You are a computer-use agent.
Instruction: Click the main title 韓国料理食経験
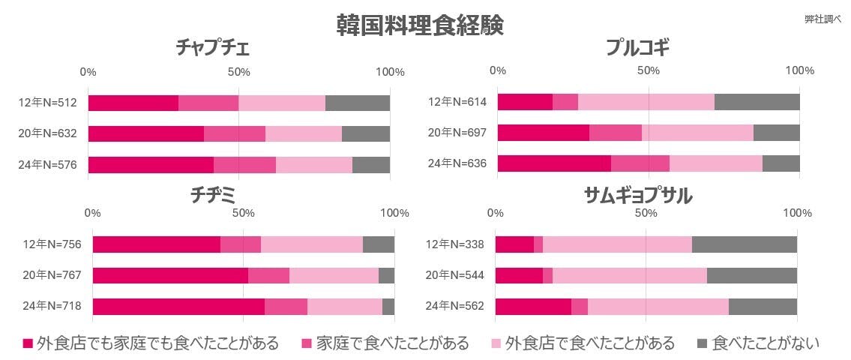point(420,24)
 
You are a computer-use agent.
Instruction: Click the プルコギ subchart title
point(638,49)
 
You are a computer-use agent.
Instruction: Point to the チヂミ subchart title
point(214,196)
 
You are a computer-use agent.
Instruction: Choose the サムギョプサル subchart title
point(638,196)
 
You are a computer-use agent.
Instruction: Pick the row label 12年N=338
point(455,244)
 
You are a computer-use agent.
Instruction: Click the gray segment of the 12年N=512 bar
point(358,103)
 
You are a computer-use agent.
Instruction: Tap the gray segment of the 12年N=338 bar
point(744,244)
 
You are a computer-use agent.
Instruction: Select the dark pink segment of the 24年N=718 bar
point(178,306)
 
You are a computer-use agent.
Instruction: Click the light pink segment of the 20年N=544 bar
point(629,275)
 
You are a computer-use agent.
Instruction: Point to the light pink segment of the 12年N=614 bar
point(646,102)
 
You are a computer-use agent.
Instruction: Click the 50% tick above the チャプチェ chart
point(238,72)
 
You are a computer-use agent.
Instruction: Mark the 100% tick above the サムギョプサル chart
point(796,213)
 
